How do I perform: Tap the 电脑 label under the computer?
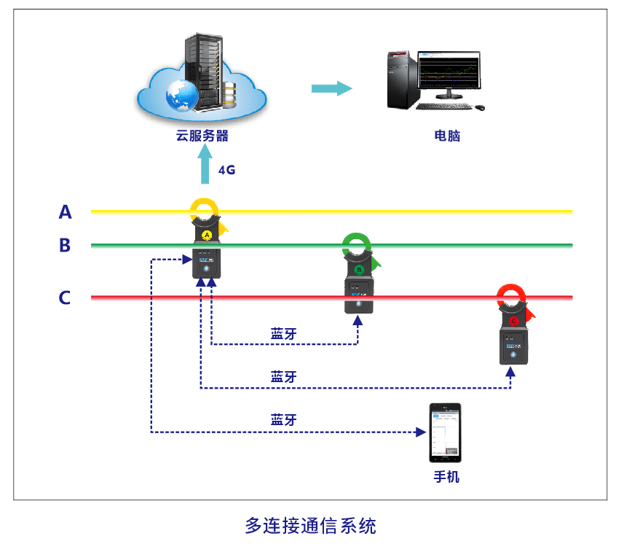click(x=447, y=136)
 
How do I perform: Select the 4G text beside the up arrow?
click(x=227, y=170)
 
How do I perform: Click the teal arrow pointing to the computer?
click(x=331, y=88)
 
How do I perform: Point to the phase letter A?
click(x=66, y=212)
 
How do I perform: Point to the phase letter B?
click(x=66, y=246)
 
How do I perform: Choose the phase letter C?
click(x=66, y=298)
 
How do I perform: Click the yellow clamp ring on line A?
click(x=205, y=211)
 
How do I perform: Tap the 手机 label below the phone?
click(x=446, y=478)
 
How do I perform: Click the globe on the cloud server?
click(x=181, y=93)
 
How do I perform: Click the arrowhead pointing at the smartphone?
click(x=420, y=432)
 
